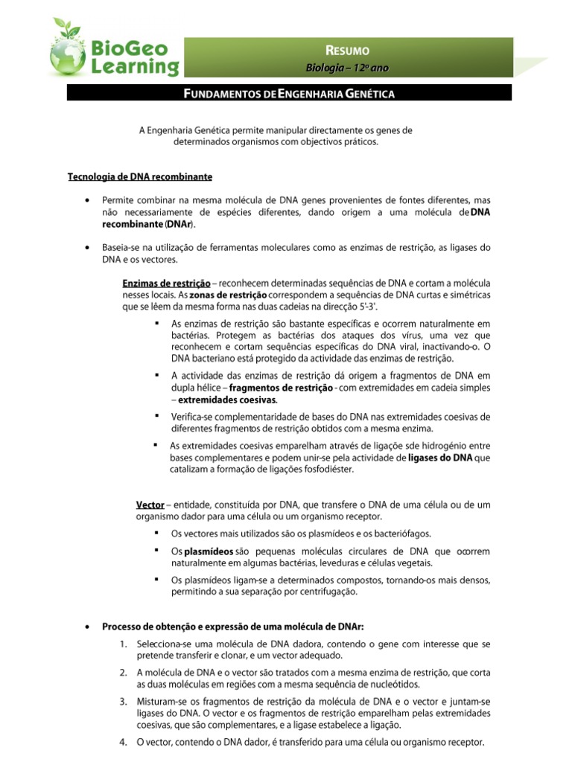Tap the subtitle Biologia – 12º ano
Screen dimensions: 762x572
(x=348, y=68)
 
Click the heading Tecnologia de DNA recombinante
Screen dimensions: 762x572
(x=140, y=177)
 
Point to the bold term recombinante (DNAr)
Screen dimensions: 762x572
(x=149, y=224)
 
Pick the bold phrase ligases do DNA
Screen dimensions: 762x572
(x=440, y=458)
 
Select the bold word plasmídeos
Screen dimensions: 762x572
(x=208, y=552)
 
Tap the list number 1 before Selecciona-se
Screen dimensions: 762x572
(x=122, y=644)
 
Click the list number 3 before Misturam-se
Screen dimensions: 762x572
(x=122, y=702)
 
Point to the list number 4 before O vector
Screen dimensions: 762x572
(x=122, y=742)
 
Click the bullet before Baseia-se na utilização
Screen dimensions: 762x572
(x=89, y=248)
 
